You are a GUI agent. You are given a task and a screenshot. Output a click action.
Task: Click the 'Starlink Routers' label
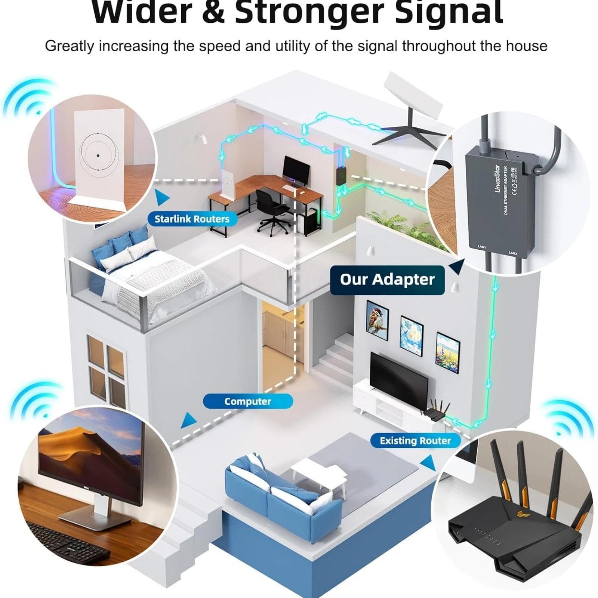[192, 219]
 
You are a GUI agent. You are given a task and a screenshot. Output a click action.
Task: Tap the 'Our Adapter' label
[387, 280]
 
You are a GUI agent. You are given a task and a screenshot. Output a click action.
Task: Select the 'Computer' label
[247, 401]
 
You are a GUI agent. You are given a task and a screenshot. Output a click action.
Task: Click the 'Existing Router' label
[415, 441]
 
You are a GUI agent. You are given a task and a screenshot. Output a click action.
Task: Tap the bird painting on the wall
[377, 321]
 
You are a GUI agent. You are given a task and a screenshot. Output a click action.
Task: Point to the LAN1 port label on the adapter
[482, 247]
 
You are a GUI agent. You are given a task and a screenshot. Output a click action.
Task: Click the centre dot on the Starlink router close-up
[98, 155]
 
